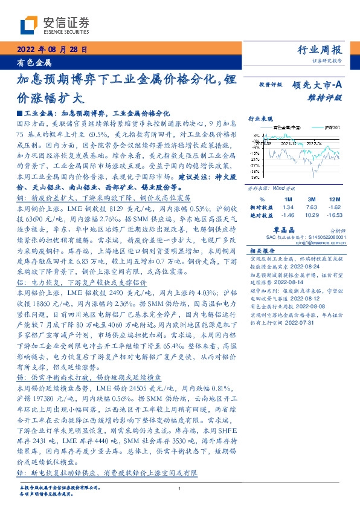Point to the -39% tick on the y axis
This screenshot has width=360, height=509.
pos(256,178)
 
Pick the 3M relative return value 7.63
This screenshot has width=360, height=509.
pos(311,207)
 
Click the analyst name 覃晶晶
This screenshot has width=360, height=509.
pos(299,230)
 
